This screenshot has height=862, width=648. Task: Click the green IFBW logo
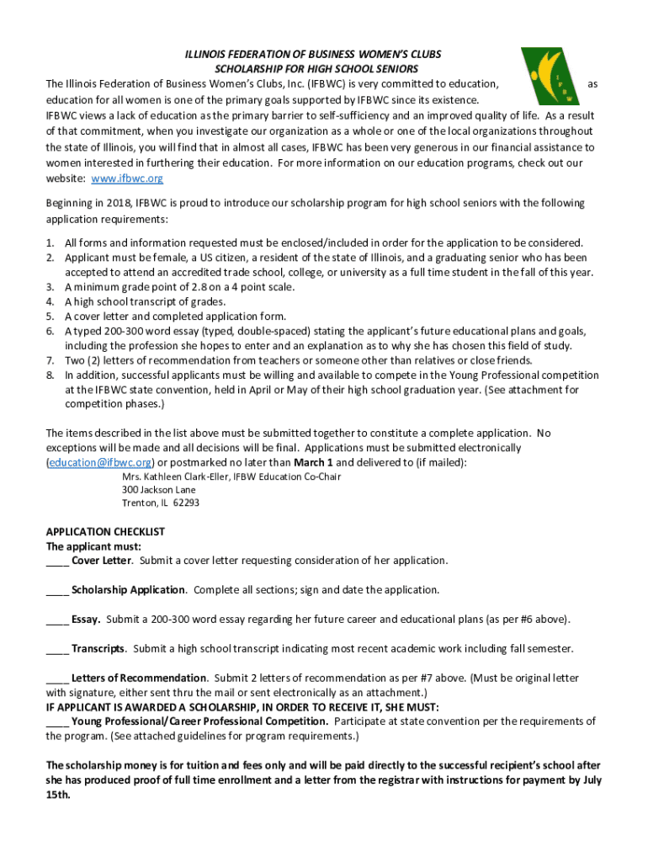(554, 75)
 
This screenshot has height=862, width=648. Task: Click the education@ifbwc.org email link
(100, 463)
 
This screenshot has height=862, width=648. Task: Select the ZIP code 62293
(186, 503)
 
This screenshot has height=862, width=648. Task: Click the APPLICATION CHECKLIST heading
(105, 532)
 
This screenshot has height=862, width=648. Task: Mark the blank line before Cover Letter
(57, 561)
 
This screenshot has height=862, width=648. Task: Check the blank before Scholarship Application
(57, 590)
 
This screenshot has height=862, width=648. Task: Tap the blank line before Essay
(57, 620)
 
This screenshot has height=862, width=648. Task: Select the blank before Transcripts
(57, 649)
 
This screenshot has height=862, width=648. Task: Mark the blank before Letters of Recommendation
(57, 678)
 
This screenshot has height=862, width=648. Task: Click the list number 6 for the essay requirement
(50, 331)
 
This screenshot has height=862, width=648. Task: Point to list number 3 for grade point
(50, 287)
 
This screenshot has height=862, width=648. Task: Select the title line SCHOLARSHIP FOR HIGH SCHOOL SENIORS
(316, 69)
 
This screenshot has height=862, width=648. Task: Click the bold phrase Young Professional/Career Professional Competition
(199, 721)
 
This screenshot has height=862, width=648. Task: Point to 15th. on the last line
(58, 794)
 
